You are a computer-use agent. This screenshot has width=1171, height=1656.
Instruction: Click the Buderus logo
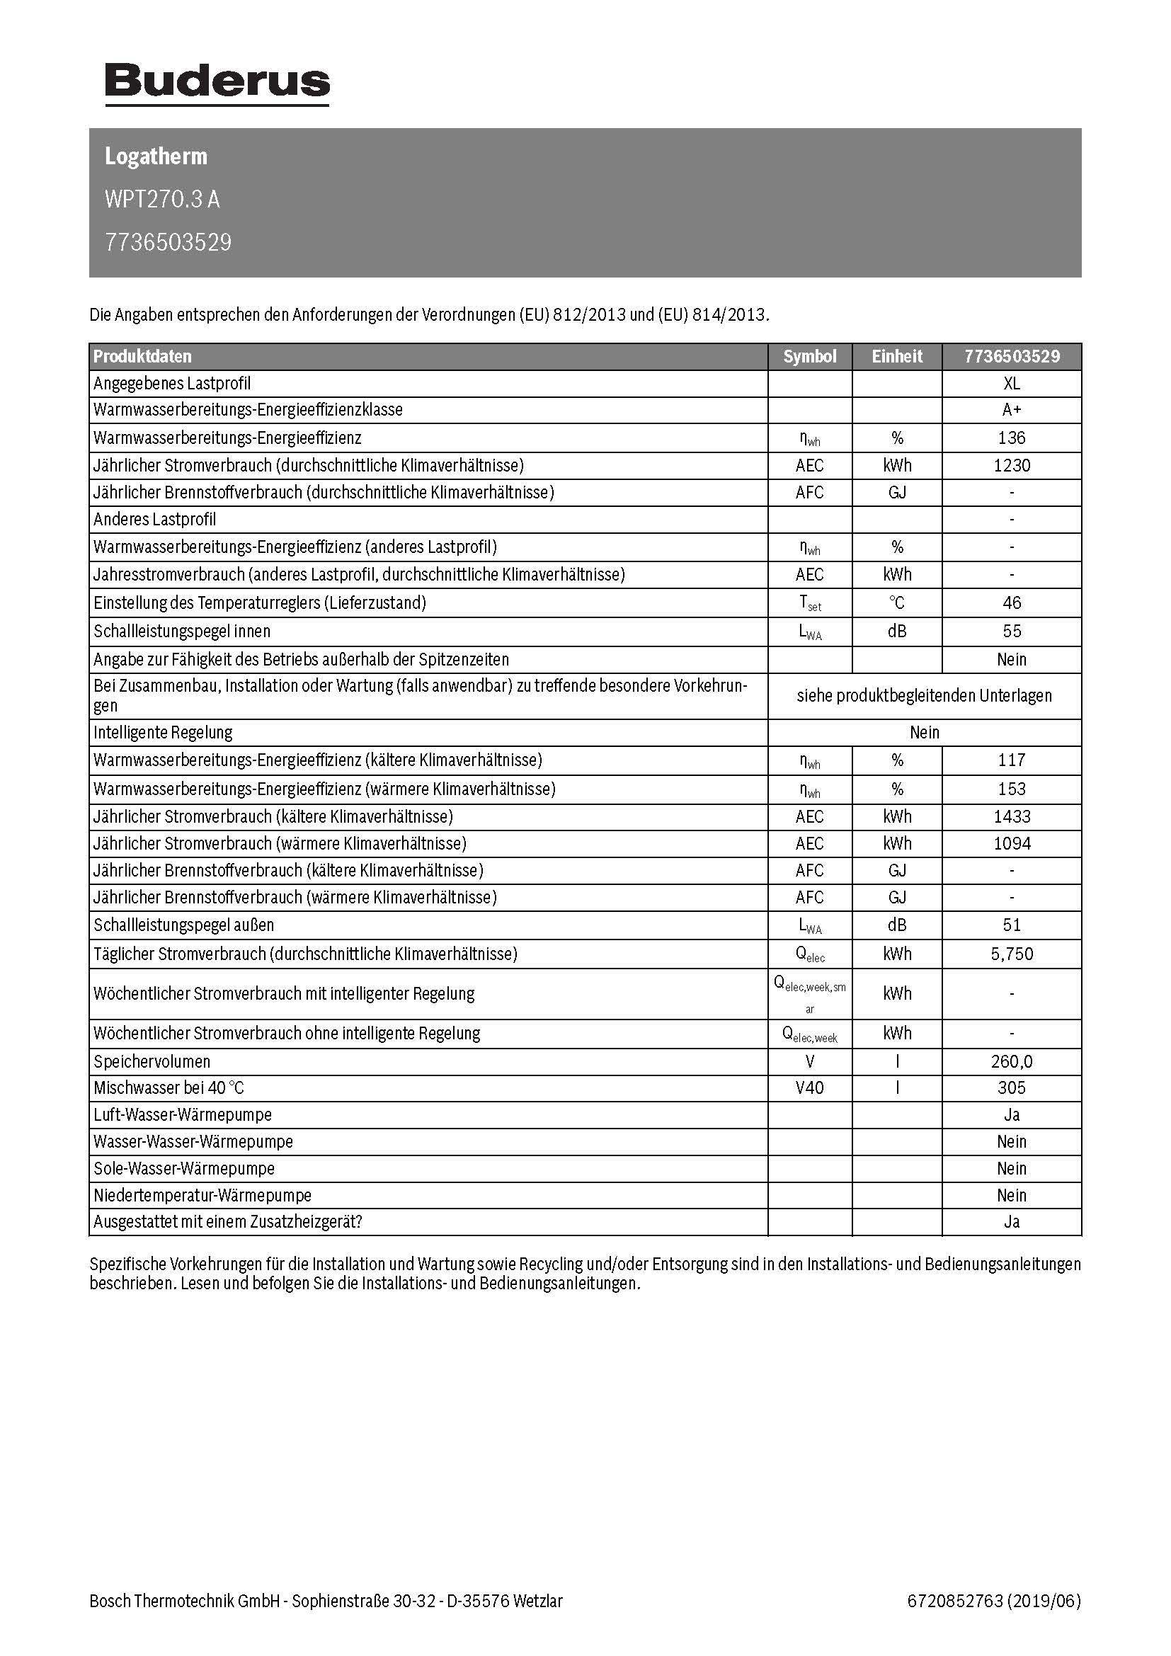(217, 83)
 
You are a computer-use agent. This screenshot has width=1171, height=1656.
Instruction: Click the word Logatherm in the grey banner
(156, 156)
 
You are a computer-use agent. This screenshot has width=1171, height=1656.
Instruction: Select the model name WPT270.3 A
(162, 199)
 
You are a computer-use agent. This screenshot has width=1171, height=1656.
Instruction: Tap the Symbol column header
(810, 356)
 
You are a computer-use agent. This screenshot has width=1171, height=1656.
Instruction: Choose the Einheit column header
(897, 356)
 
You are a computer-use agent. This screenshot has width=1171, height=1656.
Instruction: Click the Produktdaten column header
(143, 356)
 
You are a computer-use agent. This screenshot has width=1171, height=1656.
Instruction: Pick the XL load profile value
(1012, 384)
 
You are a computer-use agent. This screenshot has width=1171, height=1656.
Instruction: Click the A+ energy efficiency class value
(1012, 410)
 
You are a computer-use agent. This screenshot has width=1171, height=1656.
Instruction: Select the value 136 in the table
(1012, 438)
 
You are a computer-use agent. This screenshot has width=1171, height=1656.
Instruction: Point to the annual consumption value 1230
(1012, 465)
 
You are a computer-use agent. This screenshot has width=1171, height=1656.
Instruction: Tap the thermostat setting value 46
(1012, 603)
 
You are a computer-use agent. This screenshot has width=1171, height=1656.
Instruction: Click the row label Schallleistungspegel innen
(182, 631)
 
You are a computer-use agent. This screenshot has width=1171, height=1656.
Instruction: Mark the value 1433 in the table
(1012, 816)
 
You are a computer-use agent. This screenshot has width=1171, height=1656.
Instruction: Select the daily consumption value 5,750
(1012, 954)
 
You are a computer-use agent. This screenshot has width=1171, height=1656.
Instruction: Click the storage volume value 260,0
(1012, 1062)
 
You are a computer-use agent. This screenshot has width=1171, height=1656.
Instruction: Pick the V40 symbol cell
(810, 1087)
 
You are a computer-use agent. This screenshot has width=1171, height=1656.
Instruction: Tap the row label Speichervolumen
(152, 1062)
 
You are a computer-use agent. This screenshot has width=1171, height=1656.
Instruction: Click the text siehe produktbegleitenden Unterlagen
(925, 696)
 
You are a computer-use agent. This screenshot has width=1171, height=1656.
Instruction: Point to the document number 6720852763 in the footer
(955, 1601)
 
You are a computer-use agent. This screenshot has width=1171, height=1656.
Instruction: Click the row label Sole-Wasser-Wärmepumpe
(184, 1168)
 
